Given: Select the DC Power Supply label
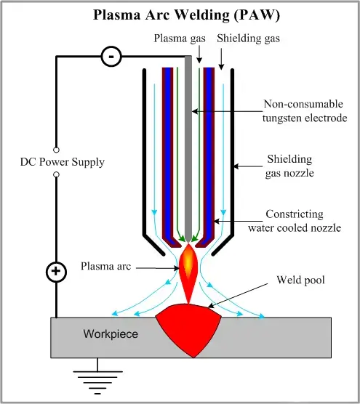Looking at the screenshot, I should (62, 161).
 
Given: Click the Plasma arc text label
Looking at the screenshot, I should (105, 266).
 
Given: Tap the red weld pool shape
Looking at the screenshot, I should (191, 326).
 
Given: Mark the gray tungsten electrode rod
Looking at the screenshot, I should (190, 145).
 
